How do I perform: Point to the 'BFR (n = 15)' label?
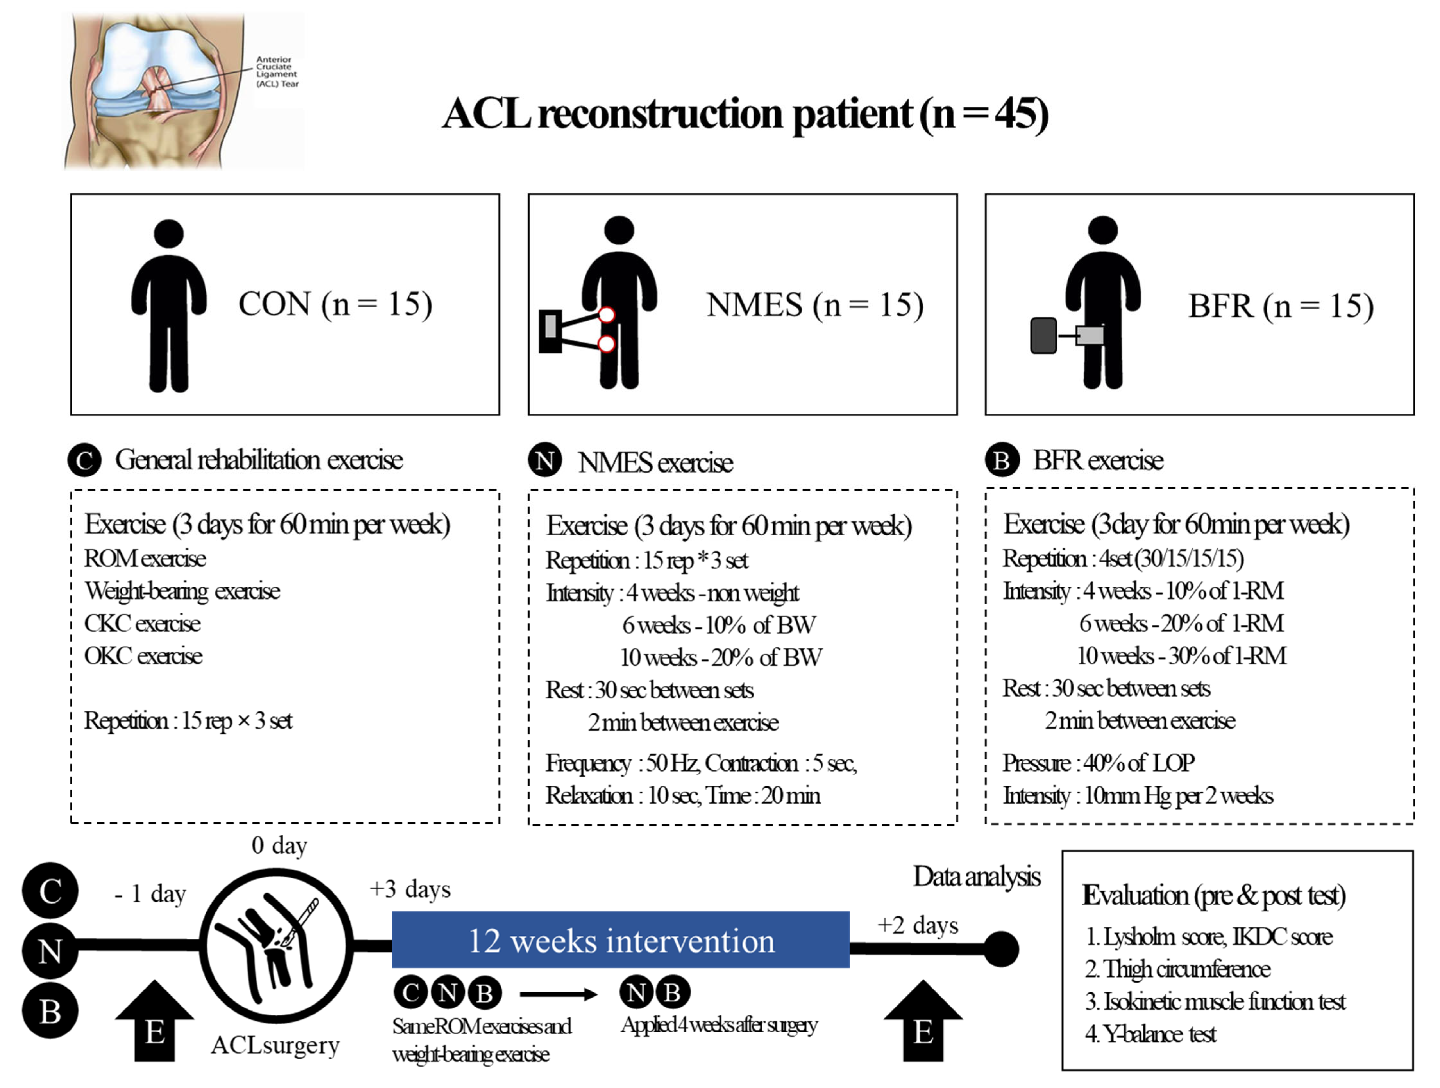pos(1281,306)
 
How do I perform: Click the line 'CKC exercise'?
pos(143,623)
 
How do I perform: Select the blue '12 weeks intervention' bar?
pos(620,939)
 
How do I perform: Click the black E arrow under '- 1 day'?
pos(154,1023)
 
